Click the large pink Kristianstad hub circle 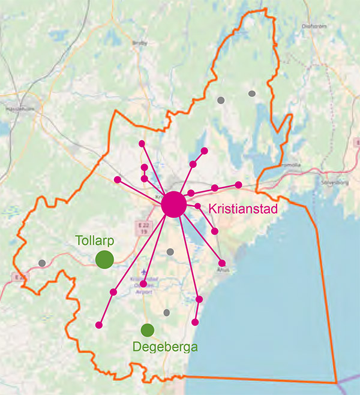coord(173,204)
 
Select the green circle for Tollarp coord(104,260)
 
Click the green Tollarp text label coord(94,241)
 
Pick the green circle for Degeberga coord(148,330)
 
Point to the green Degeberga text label coord(165,347)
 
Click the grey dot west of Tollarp coord(42,263)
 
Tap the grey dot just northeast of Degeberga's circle coord(167,312)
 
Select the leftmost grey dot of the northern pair coord(221,100)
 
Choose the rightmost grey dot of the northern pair coord(252,94)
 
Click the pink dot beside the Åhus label coord(222,263)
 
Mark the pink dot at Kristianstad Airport coord(143,284)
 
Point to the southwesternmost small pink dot coord(99,325)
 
